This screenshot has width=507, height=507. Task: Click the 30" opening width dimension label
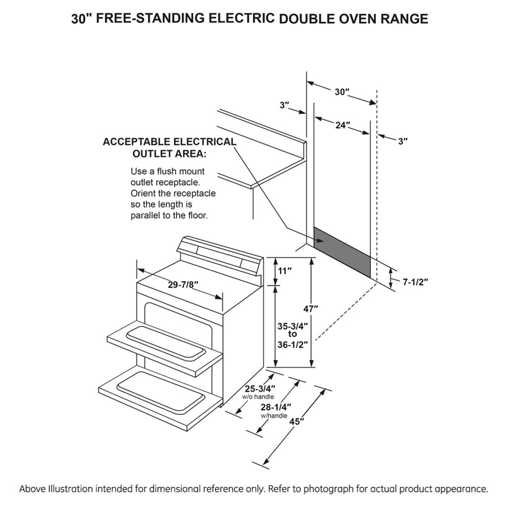(x=342, y=92)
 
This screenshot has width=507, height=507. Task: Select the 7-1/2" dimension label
(x=415, y=282)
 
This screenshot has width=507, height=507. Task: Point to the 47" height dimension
(x=310, y=308)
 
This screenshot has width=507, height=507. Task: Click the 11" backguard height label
(x=285, y=271)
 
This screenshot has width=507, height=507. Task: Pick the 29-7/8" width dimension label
(x=183, y=285)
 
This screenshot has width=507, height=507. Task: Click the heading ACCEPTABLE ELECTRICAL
(x=169, y=142)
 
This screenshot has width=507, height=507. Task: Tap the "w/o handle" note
(x=257, y=397)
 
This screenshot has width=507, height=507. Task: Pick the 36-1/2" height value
(x=293, y=344)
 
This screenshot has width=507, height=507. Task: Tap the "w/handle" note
(x=274, y=416)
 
